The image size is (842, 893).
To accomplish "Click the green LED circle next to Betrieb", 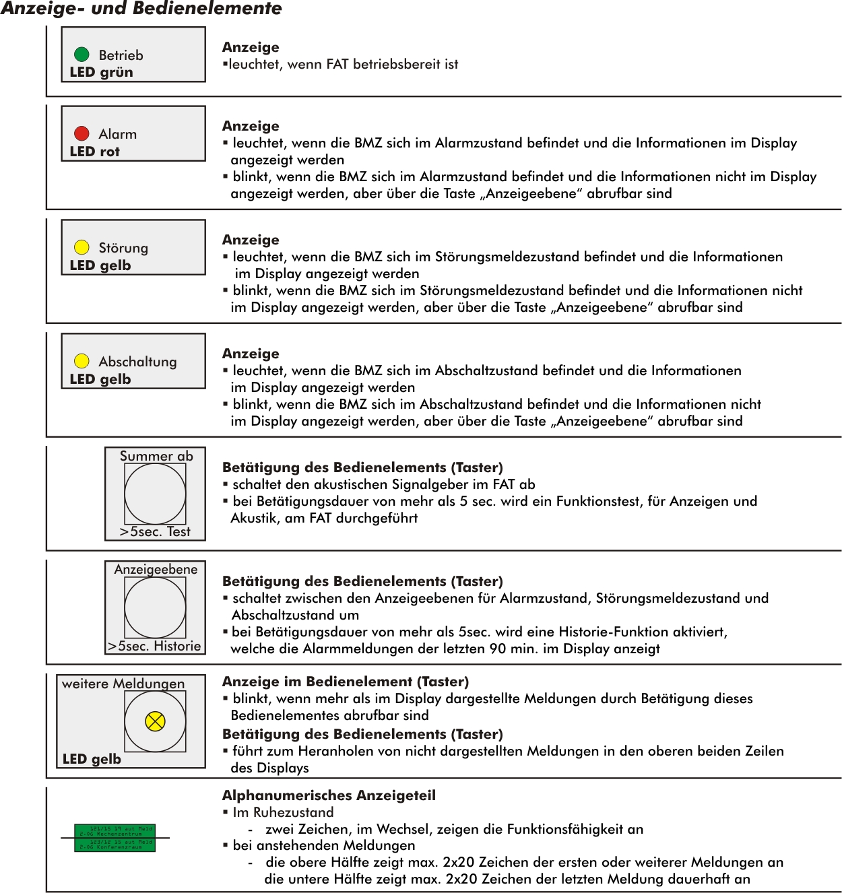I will click(82, 55).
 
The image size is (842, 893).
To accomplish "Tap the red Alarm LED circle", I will click(82, 133).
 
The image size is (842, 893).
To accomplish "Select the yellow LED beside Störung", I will click(82, 247).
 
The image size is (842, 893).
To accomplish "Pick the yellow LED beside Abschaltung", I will click(82, 361).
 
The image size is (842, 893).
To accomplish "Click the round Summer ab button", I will click(155, 494).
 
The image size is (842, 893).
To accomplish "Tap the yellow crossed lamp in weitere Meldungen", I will click(155, 721).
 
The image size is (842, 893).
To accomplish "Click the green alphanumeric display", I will click(115, 838).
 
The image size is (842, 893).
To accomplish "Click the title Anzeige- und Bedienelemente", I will click(141, 9).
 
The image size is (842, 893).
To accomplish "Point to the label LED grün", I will click(101, 72).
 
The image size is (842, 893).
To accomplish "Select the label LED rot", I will click(94, 152).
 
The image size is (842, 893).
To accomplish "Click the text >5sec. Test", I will click(155, 531).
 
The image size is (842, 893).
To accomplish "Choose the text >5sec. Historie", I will click(154, 646).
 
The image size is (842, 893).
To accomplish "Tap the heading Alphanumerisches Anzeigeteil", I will click(329, 795).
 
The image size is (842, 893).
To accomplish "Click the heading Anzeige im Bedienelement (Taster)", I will click(345, 682).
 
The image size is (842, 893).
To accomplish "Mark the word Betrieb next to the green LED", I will click(121, 55).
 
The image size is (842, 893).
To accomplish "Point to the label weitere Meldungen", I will click(123, 684).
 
